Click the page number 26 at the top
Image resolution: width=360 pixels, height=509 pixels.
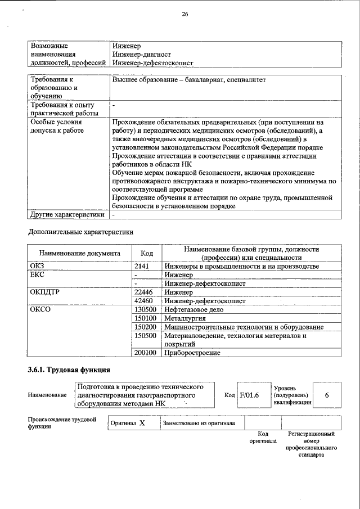[185, 15]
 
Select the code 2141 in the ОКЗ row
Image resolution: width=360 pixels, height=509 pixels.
[143, 266]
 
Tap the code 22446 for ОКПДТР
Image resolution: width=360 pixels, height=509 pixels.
[145, 292]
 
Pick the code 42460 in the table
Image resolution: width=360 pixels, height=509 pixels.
[145, 301]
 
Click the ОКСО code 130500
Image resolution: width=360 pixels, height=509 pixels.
[147, 310]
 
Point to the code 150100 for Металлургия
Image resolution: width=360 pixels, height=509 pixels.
[147, 318]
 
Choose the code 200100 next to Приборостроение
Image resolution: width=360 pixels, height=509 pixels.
[147, 353]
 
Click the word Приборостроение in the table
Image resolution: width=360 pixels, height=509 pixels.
[192, 353]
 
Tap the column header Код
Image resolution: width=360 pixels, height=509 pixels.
[147, 254]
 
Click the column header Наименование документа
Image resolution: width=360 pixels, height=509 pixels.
[80, 254]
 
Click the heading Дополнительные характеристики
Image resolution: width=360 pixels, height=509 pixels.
[81, 231]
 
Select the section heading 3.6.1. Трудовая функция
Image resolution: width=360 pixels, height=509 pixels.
[69, 370]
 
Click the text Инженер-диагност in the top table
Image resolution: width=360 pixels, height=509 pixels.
[141, 55]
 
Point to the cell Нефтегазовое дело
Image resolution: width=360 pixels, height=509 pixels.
[194, 310]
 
